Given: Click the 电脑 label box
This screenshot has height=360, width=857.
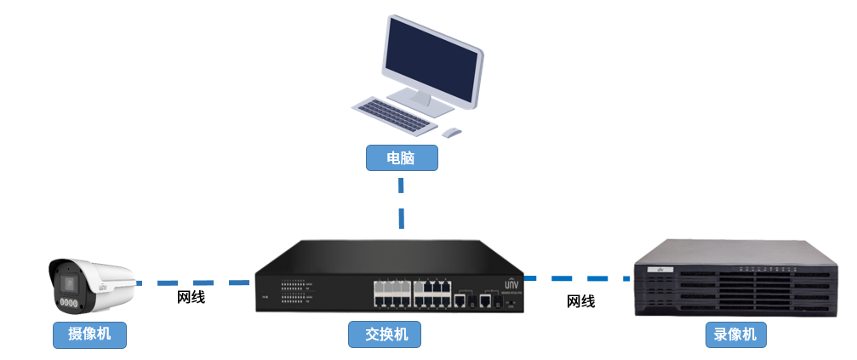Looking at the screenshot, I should pyautogui.click(x=401, y=158).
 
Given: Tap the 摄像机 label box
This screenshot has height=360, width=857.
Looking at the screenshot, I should pyautogui.click(x=89, y=334).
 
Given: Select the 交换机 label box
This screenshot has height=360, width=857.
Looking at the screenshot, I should pyautogui.click(x=385, y=334).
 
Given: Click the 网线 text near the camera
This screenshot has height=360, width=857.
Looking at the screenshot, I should pyautogui.click(x=191, y=298).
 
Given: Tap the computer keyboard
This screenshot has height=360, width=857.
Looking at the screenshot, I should pyautogui.click(x=391, y=115).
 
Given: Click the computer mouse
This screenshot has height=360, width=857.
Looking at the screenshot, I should pyautogui.click(x=452, y=132).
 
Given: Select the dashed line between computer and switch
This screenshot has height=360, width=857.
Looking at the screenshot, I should pyautogui.click(x=401, y=203).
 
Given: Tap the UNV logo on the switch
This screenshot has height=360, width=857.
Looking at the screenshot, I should pyautogui.click(x=511, y=284).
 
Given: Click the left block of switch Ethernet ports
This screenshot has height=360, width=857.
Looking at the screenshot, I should pyautogui.click(x=391, y=292).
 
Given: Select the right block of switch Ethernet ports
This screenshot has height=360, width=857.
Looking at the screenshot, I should pyautogui.click(x=431, y=292).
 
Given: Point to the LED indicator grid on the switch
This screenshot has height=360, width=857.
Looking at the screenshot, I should pyautogui.click(x=293, y=292).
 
